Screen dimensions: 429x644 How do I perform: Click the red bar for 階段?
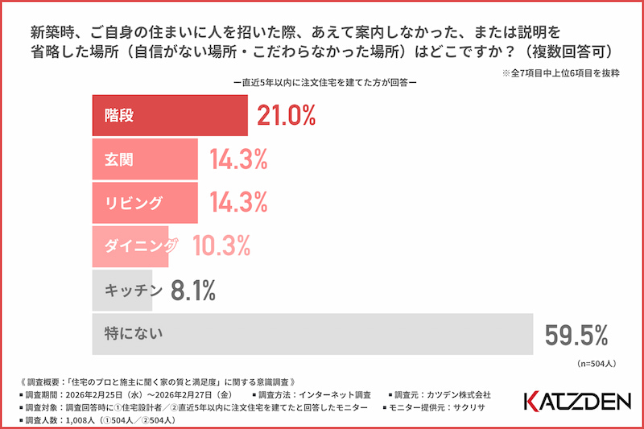169,116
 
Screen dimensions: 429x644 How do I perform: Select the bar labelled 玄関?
145,159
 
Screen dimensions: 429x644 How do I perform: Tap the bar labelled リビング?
145,203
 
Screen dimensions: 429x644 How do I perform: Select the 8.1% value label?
193,291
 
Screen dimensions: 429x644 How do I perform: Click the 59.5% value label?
576,334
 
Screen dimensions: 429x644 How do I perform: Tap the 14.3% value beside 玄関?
238,160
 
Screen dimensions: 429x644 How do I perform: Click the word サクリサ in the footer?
474,408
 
